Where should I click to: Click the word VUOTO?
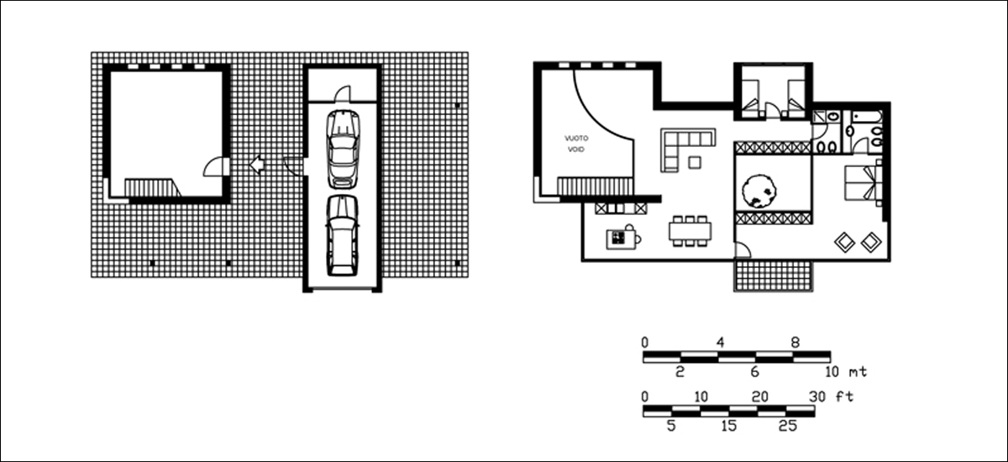point(576,138)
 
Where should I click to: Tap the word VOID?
point(576,150)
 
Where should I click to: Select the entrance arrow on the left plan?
point(257,165)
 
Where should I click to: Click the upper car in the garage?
point(343,149)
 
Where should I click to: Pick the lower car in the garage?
point(343,235)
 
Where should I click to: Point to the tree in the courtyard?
point(759,192)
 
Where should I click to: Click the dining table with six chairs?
point(690,231)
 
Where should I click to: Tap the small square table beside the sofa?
point(695,162)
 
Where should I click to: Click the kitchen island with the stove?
point(622,239)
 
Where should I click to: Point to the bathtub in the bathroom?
point(866,117)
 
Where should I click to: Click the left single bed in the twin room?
point(750,99)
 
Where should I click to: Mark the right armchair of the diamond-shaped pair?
point(871,242)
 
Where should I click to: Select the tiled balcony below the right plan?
point(774,276)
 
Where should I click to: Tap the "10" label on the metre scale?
point(832,372)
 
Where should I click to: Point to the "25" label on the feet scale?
point(788,426)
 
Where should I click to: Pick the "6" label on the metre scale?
point(754,371)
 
